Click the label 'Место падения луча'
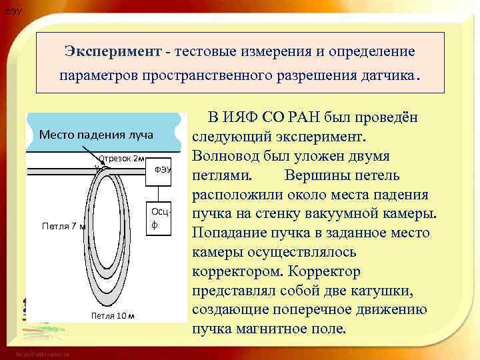pos(96,135)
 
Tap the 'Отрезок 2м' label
pos(121,159)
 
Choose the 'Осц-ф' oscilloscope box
pos(160,219)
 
